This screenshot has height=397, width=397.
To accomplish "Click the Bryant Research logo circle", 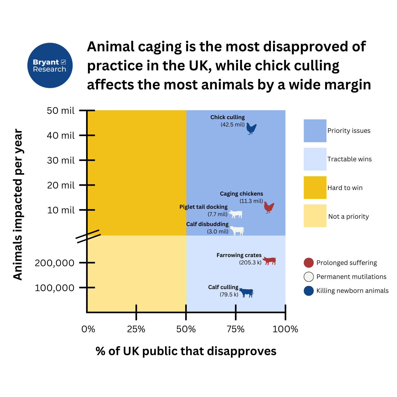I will tap(50, 65).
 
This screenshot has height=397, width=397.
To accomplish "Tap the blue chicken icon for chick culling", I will tap(251, 129).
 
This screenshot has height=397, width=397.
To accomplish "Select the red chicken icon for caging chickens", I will tap(269, 207).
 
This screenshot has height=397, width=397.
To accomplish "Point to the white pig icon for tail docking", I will tap(236, 214).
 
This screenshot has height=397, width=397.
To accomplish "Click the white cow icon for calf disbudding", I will tap(237, 231).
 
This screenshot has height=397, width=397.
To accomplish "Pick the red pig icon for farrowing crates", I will tap(269, 261).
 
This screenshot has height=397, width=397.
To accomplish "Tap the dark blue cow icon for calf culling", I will tap(246, 293).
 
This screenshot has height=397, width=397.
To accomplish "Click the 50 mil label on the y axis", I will tap(61, 111).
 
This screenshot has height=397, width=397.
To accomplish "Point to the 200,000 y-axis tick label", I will tap(55, 263).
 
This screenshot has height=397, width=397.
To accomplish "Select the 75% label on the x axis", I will tap(235, 329).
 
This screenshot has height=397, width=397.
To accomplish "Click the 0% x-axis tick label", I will tap(88, 329).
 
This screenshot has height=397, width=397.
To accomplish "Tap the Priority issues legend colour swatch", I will tap(315, 131).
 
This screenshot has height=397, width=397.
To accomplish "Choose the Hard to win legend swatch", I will tap(315, 187).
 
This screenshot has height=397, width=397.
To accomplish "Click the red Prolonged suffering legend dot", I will tap(309, 263).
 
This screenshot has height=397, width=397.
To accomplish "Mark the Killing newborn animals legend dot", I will tap(309, 291).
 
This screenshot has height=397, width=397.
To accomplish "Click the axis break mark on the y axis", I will tap(88, 236).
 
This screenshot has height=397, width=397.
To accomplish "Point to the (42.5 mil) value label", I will tap(232, 124).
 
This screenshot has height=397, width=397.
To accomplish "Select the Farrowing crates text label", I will tap(239, 255).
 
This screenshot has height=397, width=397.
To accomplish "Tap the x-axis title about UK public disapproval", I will tap(186, 351).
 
